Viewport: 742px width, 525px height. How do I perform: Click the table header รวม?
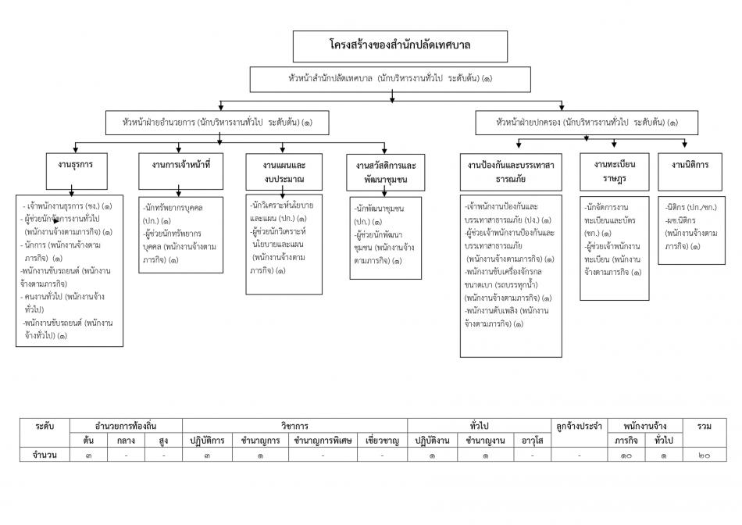tap(705, 427)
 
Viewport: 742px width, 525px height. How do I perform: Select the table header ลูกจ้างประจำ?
tap(580, 427)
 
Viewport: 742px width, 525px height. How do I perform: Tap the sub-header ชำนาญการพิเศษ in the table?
tap(323, 441)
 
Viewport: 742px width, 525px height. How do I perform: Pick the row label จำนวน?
tap(45, 455)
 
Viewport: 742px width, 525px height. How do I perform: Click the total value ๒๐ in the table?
tap(705, 455)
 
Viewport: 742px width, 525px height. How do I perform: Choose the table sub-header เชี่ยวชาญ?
tap(383, 441)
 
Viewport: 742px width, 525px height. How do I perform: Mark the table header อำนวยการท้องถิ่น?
tap(126, 426)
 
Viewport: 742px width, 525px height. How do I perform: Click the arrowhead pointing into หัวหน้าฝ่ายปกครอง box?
tap(562, 108)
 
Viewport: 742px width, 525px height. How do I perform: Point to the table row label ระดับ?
tap(45, 427)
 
